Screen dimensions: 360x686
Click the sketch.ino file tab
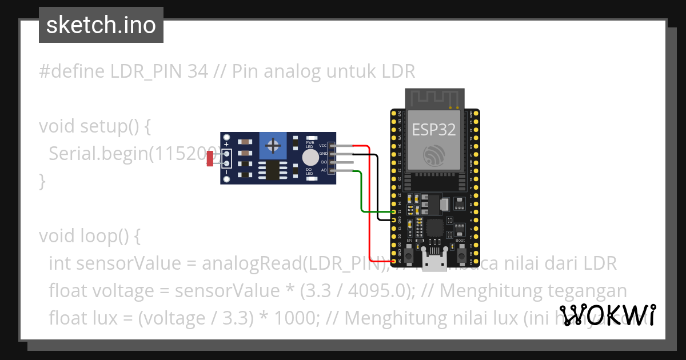tap(101, 25)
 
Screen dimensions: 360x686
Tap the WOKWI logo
tap(607, 314)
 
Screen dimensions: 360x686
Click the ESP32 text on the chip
tap(434, 129)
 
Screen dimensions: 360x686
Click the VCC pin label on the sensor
tap(323, 146)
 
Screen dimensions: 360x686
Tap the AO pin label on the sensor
tap(324, 170)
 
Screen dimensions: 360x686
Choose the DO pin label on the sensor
tap(324, 162)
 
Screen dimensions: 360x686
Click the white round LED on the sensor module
tap(310, 158)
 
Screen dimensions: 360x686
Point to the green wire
tap(362, 194)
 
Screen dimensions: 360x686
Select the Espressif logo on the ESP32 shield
tap(434, 155)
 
